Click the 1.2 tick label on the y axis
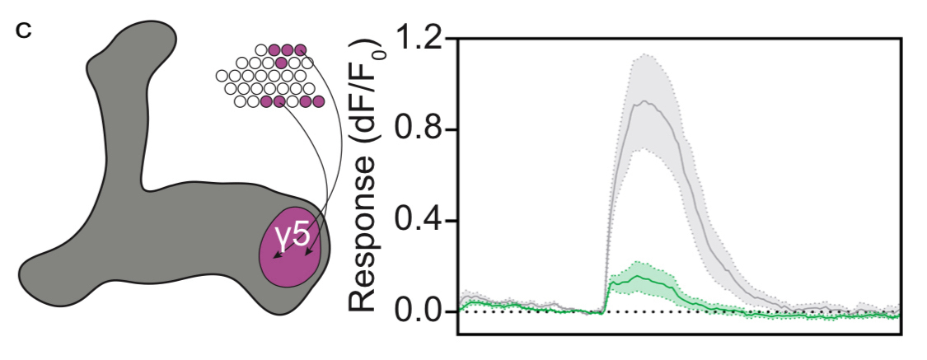point(422,40)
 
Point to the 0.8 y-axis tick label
point(422,130)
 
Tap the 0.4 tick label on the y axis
point(422,221)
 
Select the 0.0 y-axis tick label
point(422,311)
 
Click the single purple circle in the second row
point(282,63)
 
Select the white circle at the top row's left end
point(262,49)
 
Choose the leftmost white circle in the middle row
point(222,76)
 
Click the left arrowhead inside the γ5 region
point(277,257)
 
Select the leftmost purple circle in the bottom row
point(266,102)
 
